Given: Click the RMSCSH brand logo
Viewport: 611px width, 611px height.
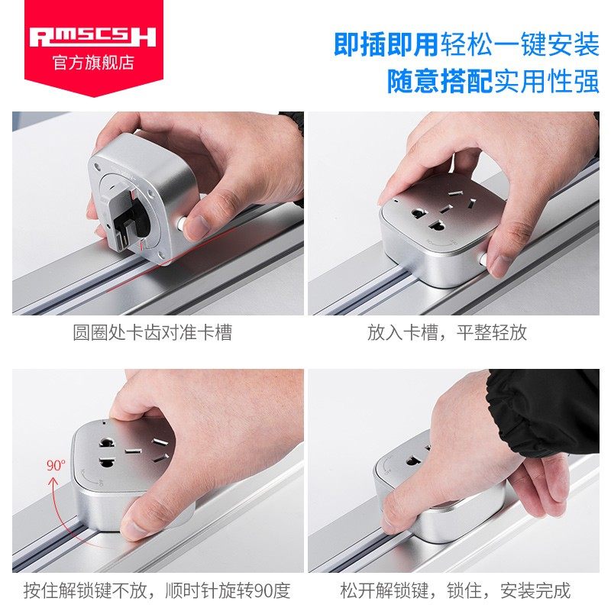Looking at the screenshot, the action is coord(92,37).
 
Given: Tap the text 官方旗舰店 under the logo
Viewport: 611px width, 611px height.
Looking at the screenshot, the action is coord(93,63).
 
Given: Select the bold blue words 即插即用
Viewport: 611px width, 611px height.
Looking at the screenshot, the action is coord(386,44).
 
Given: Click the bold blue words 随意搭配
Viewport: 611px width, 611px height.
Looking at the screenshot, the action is coord(440,81).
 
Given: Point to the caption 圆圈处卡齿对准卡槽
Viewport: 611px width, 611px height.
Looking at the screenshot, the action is coord(153,332).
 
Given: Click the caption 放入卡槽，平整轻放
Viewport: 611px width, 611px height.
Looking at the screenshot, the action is coord(447,332).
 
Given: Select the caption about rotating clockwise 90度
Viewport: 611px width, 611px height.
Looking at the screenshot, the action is coord(157,590).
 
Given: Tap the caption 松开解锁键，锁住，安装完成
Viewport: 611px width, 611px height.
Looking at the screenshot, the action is coord(455,590).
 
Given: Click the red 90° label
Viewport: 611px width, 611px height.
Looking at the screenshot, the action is coord(56,465).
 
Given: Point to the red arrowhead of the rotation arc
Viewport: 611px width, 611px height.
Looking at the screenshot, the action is coord(53,483).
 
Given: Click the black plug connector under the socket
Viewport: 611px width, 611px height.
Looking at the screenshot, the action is coord(128,218).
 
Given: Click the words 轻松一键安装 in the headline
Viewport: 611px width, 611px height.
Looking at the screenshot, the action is coord(520,44).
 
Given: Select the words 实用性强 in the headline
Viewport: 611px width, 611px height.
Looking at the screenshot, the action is coord(546,81).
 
